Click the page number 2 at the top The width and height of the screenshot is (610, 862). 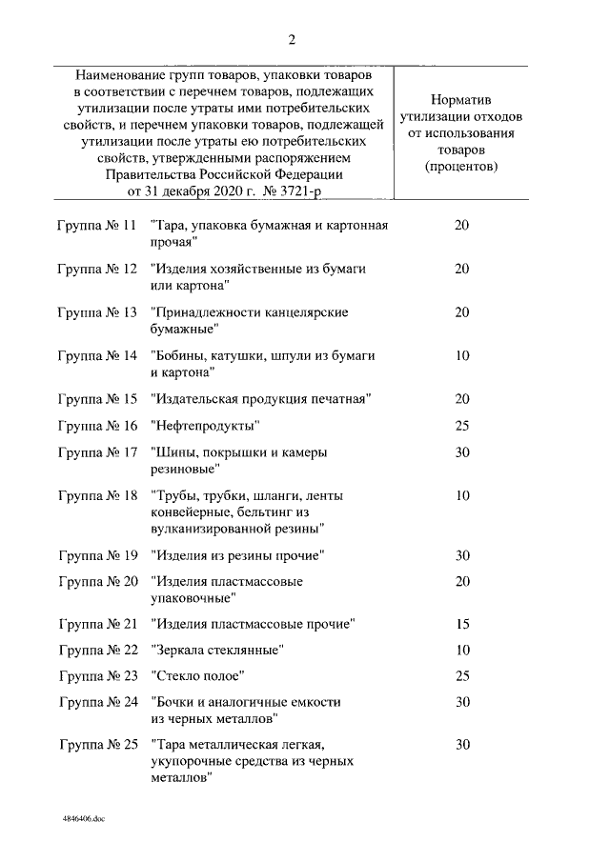(292, 39)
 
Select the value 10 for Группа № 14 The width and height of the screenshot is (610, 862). (462, 355)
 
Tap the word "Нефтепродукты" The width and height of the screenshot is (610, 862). (205, 425)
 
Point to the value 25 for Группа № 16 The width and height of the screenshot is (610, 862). (462, 425)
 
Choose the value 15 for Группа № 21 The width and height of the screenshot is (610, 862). (462, 624)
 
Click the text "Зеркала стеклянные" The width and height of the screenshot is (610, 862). (216, 651)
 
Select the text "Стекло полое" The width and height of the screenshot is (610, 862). (198, 676)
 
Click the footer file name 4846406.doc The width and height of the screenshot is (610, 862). (83, 818)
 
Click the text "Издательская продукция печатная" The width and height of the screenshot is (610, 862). (259, 398)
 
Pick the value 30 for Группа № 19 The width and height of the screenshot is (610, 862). (462, 555)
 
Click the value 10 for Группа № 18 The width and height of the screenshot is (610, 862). (462, 495)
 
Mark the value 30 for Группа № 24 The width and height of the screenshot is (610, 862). (462, 702)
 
